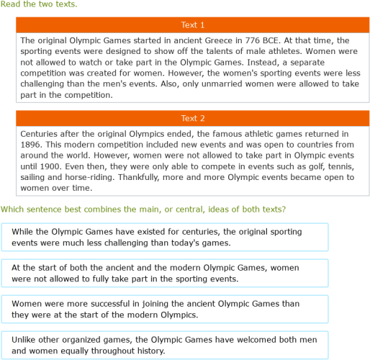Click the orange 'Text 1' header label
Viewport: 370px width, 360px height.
pyautogui.click(x=192, y=25)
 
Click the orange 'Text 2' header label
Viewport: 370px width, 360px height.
pyautogui.click(x=192, y=118)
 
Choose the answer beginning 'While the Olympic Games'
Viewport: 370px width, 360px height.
pyautogui.click(x=165, y=237)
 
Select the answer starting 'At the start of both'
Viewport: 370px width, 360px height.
pyautogui.click(x=165, y=273)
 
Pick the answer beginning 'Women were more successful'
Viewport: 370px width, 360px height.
pyautogui.click(x=165, y=309)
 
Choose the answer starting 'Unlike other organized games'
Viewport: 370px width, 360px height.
pyautogui.click(x=165, y=345)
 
